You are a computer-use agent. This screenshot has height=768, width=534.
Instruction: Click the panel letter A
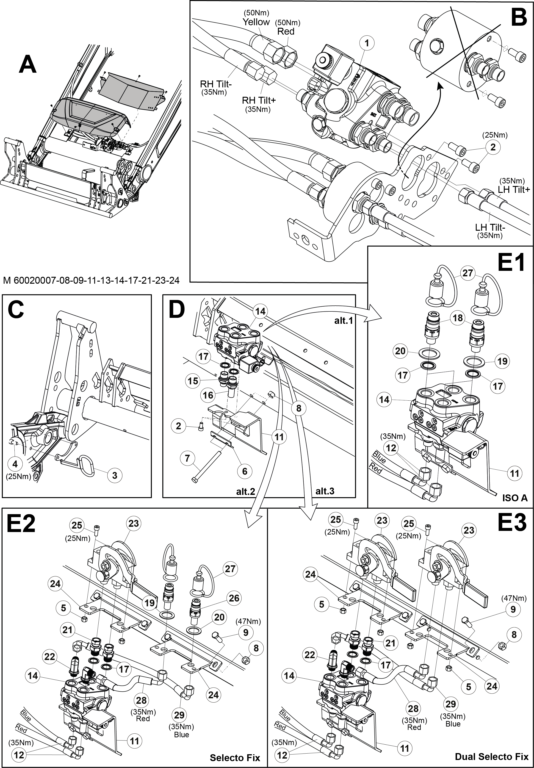[28, 65]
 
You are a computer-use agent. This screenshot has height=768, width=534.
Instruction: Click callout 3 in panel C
[115, 475]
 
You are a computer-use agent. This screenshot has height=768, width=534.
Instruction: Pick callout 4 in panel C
[15, 464]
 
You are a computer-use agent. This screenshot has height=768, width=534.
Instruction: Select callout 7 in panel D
[187, 458]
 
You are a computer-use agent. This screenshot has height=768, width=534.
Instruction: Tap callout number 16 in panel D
[208, 395]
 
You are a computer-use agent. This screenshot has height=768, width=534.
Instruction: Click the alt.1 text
[344, 320]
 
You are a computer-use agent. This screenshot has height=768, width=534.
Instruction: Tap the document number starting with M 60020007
[91, 280]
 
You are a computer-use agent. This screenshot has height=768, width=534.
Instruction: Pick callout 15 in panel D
[193, 381]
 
